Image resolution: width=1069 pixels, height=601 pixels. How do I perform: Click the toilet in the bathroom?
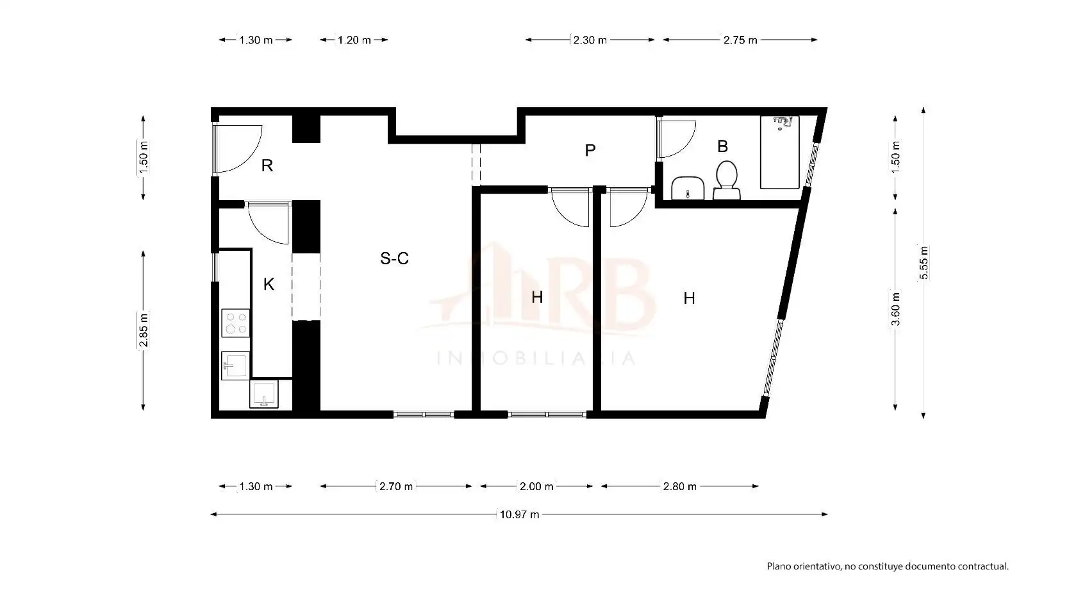point(726,180)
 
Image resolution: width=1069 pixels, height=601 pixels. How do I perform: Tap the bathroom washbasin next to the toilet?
point(688,188)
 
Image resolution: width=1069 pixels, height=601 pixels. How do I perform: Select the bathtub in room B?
point(779,152)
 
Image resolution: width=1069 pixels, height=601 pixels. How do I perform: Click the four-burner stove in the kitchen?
point(236,323)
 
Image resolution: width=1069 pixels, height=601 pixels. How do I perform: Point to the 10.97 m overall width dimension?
point(519,514)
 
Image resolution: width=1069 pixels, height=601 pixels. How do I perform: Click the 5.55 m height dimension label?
point(924,263)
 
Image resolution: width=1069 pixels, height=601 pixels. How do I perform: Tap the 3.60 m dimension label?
point(895,309)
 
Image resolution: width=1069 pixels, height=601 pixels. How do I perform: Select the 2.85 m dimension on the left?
point(143,330)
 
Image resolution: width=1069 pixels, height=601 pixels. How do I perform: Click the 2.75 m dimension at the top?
point(740,40)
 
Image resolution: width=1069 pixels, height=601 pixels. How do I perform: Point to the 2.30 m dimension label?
point(590,40)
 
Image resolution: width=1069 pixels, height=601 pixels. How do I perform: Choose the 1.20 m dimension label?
point(354,40)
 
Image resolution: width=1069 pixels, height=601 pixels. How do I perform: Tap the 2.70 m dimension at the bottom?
point(396,486)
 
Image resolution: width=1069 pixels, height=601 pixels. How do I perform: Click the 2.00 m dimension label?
point(536,486)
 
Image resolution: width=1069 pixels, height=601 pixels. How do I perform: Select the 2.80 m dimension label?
point(679,486)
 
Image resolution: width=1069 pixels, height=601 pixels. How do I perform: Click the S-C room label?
point(394,258)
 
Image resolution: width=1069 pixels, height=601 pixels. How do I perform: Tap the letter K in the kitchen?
point(269,284)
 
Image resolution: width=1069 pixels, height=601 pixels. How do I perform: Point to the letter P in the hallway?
point(590,151)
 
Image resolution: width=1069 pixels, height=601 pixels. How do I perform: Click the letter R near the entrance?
point(267,165)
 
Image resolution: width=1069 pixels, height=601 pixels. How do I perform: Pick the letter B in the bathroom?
point(722,146)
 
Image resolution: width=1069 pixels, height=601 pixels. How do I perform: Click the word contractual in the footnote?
point(983,566)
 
